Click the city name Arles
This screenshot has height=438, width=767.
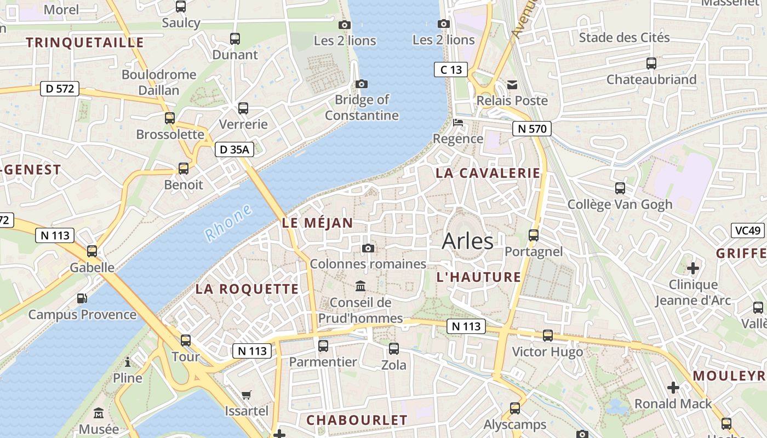click(467, 241)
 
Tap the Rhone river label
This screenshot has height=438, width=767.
click(228, 223)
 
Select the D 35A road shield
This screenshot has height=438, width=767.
click(234, 149)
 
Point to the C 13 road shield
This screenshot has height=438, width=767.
click(451, 70)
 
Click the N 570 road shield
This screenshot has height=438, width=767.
click(531, 129)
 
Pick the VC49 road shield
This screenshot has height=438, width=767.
click(748, 230)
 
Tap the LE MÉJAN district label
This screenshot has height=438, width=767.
click(317, 223)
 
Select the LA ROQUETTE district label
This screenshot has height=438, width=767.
click(247, 289)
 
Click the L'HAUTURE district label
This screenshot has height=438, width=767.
click(479, 277)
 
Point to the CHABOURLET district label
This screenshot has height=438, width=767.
click(357, 420)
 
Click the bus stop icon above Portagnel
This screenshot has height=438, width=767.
click(534, 235)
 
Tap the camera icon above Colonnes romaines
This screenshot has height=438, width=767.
click(368, 249)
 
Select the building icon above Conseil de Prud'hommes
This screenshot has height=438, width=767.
click(360, 286)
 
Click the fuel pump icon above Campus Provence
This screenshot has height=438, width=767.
click(82, 298)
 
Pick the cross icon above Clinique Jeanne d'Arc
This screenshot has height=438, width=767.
click(693, 268)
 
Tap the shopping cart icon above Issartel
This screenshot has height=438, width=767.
click(247, 395)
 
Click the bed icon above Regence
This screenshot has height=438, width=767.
click(458, 123)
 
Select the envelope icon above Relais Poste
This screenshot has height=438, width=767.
click(512, 84)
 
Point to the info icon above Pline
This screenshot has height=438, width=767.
click(128, 362)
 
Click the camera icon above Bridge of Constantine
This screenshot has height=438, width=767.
click(362, 84)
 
